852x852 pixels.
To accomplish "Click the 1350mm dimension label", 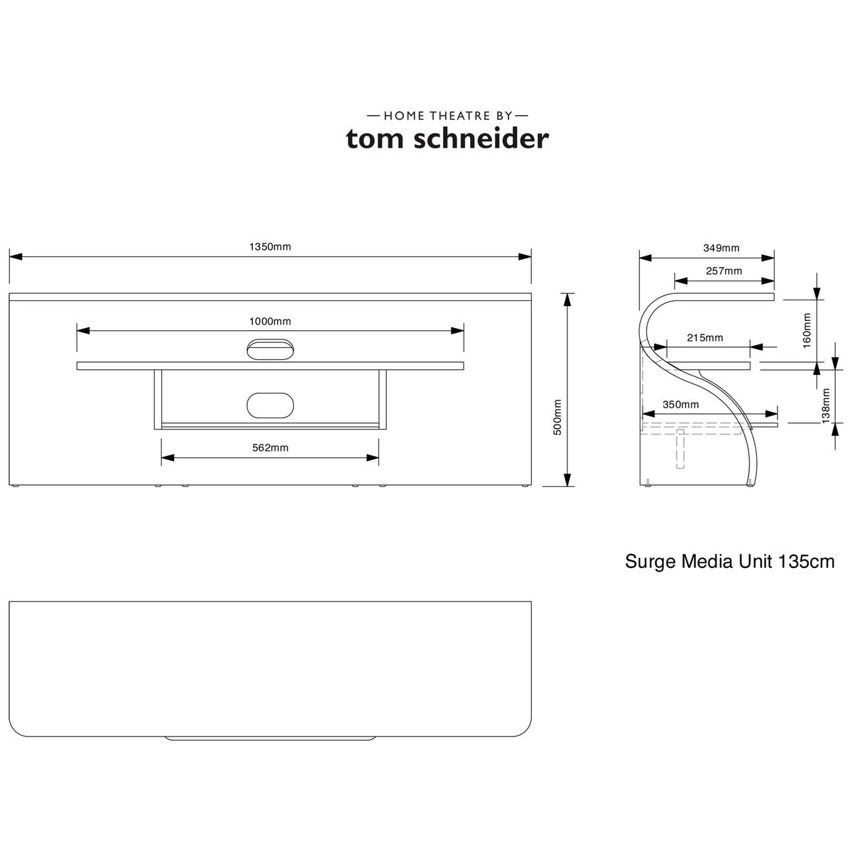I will [x=270, y=247].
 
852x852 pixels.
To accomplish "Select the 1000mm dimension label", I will [x=270, y=321].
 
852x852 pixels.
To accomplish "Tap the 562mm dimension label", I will [x=270, y=447].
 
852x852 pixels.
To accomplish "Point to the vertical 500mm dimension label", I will [x=557, y=417].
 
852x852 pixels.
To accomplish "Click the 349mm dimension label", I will [x=721, y=248].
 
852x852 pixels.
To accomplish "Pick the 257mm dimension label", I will [x=724, y=271].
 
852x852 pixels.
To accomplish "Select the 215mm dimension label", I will [x=705, y=337].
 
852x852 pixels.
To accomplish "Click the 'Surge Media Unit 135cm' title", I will [x=729, y=562].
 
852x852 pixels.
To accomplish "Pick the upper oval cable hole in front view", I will [x=270, y=349].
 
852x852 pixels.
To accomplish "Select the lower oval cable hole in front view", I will [x=270, y=404].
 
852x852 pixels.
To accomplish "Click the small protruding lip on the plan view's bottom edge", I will [x=270, y=738].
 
